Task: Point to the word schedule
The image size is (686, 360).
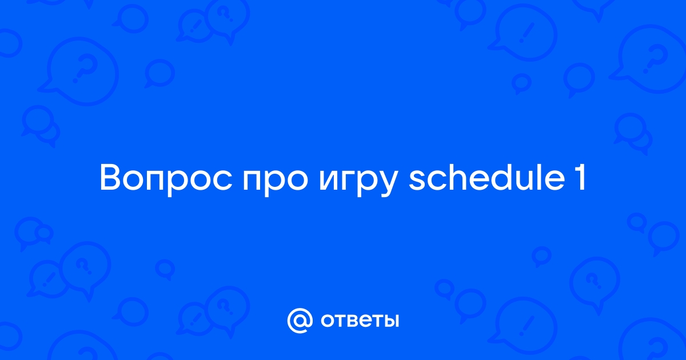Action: pos(487,178)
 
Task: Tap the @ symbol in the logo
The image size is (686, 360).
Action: pos(300,321)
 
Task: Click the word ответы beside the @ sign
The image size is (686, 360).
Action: pos(360,321)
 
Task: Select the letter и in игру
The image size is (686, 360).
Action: pos(330,181)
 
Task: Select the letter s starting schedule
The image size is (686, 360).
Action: pos(417,181)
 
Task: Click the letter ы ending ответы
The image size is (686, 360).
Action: pos(392,321)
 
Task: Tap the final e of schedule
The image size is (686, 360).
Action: pos(555,181)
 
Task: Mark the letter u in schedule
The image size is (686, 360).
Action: pos(524,181)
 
